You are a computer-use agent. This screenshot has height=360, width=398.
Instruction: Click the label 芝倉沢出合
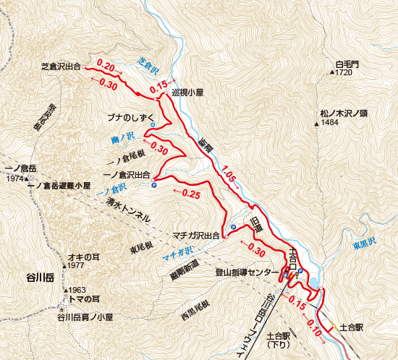click(60, 67)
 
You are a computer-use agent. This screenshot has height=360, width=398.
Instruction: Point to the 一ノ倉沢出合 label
click(127, 175)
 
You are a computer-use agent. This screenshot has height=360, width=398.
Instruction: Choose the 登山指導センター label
click(247, 273)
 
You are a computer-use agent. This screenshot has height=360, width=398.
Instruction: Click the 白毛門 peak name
click(347, 64)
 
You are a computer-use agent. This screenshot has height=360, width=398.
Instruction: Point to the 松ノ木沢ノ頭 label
click(344, 113)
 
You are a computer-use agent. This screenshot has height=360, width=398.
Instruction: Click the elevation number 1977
click(75, 266)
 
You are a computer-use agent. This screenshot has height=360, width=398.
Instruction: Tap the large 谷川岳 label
click(41, 277)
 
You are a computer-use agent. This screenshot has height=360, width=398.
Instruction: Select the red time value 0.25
click(191, 193)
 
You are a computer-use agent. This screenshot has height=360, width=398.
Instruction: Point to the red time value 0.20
click(106, 66)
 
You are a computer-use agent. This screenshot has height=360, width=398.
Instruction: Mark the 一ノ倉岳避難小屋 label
click(58, 186)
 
